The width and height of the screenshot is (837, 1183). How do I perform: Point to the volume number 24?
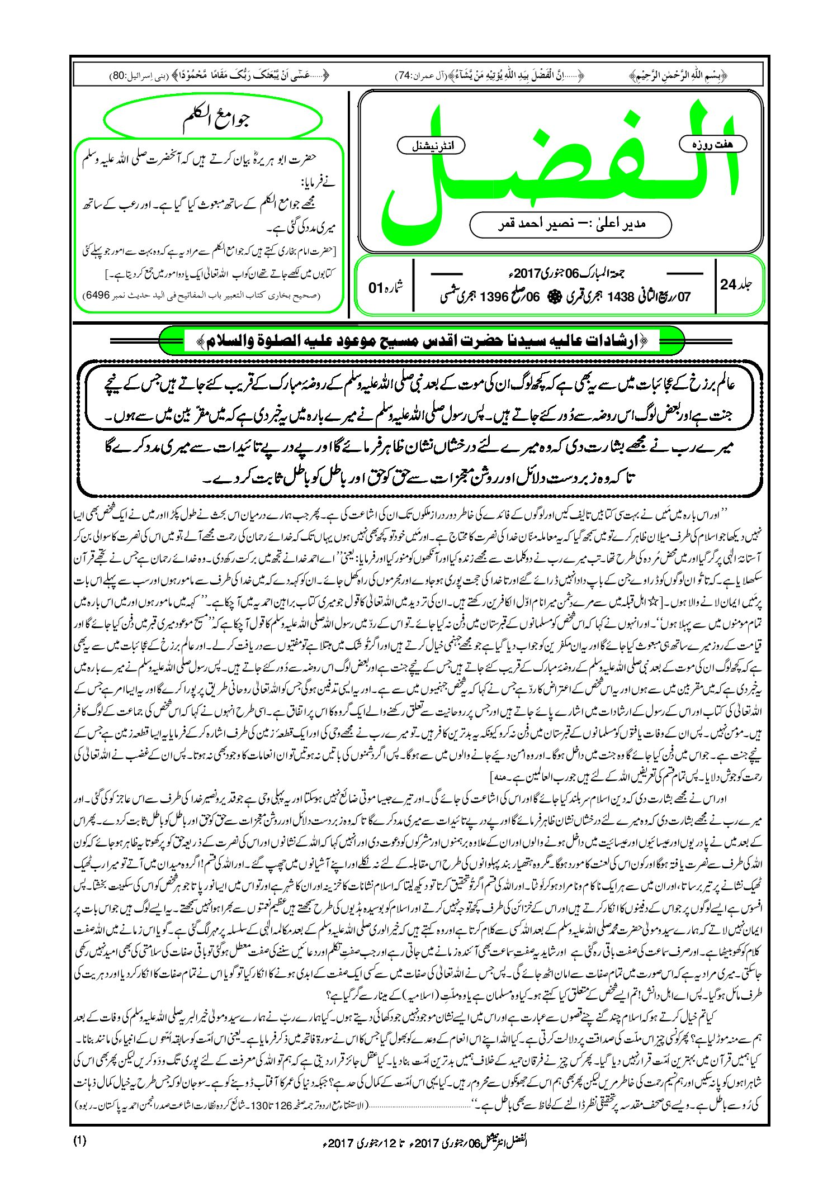[728, 284]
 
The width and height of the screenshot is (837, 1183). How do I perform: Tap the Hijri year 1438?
[620, 297]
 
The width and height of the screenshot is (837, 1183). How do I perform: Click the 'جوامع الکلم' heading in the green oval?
[215, 120]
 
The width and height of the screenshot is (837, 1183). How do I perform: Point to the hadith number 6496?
[97, 294]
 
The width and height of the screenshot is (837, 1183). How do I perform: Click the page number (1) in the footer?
[80, 1141]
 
